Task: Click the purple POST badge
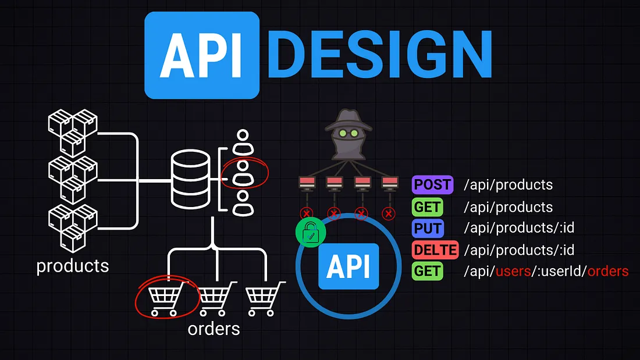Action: [432, 185]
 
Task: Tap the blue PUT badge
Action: [428, 228]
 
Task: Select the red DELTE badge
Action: [435, 249]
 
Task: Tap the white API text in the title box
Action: [201, 55]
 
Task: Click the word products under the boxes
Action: [73, 266]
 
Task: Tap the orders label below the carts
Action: [214, 329]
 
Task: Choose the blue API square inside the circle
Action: [348, 267]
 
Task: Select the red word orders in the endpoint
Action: [607, 272]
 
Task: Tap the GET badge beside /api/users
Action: [428, 271]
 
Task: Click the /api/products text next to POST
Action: [508, 185]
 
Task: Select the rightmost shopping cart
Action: [265, 298]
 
